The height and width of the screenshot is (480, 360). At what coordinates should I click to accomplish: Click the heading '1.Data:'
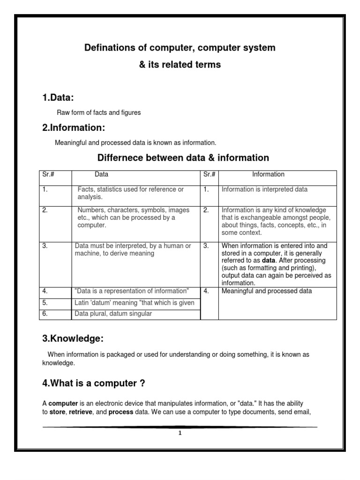tap(58, 97)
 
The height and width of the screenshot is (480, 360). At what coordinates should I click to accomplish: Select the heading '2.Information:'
tap(74, 127)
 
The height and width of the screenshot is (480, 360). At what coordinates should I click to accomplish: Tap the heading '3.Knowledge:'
tap(73, 338)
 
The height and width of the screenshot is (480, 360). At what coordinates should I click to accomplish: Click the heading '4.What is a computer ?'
tap(93, 383)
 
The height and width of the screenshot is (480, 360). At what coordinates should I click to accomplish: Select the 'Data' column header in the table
tap(101, 174)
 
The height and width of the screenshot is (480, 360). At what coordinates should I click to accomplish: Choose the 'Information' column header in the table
tap(268, 174)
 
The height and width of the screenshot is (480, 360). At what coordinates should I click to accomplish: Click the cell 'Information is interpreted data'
tap(264, 190)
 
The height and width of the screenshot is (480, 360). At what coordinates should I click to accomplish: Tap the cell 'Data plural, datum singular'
tap(113, 314)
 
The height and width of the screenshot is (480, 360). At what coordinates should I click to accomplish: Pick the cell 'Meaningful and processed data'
tap(266, 291)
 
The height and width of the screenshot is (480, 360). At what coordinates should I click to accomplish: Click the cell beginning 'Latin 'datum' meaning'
tap(134, 303)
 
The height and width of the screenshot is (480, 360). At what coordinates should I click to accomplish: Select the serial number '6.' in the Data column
tap(45, 314)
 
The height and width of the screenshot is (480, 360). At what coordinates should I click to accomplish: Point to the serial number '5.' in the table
tap(45, 303)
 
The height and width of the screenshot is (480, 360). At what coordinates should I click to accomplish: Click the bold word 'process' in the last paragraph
tap(121, 412)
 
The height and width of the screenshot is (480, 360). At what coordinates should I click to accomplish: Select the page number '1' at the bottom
tap(180, 433)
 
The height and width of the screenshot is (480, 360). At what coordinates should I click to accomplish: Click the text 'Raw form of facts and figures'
tap(98, 112)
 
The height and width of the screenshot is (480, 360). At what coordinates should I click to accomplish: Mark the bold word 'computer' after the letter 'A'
tap(63, 403)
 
